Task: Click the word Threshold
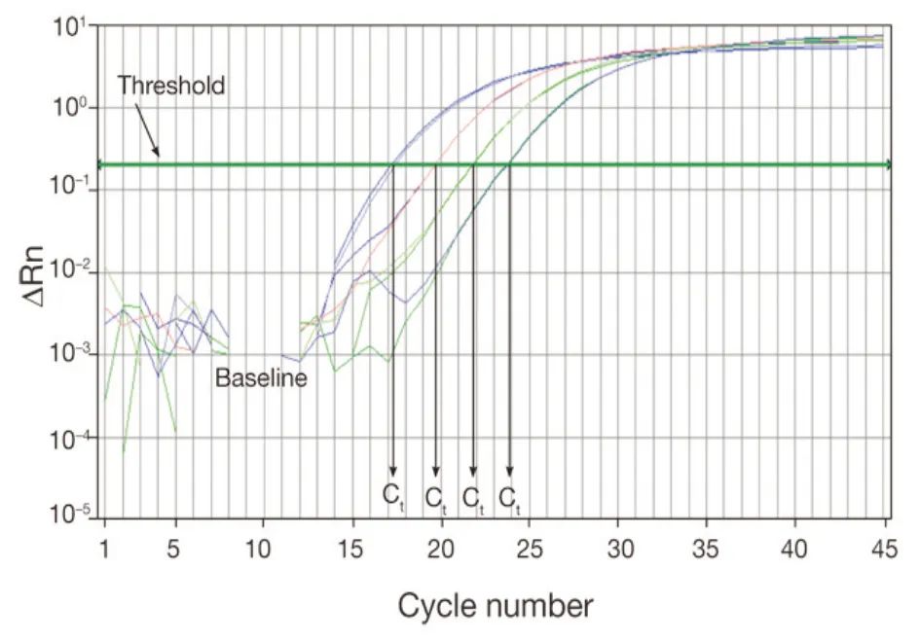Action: pos(170,86)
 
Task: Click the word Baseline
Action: pos(261,378)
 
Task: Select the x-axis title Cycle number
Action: pos(495,606)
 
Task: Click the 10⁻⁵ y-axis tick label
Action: pos(68,512)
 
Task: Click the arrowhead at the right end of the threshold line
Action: pos(887,164)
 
